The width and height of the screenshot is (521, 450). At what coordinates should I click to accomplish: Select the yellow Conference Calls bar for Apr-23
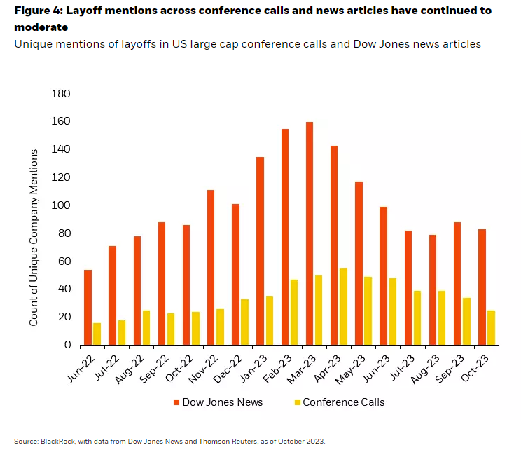click(343, 306)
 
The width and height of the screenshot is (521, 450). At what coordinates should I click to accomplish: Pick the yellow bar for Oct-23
click(491, 327)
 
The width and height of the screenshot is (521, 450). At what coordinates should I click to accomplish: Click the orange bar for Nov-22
click(211, 267)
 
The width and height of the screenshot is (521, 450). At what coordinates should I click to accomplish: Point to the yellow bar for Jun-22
click(97, 334)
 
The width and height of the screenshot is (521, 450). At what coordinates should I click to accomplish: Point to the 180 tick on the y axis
click(62, 94)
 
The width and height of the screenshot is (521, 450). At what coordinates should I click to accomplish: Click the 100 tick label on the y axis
click(62, 205)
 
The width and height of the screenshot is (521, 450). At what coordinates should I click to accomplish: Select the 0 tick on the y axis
click(67, 345)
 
